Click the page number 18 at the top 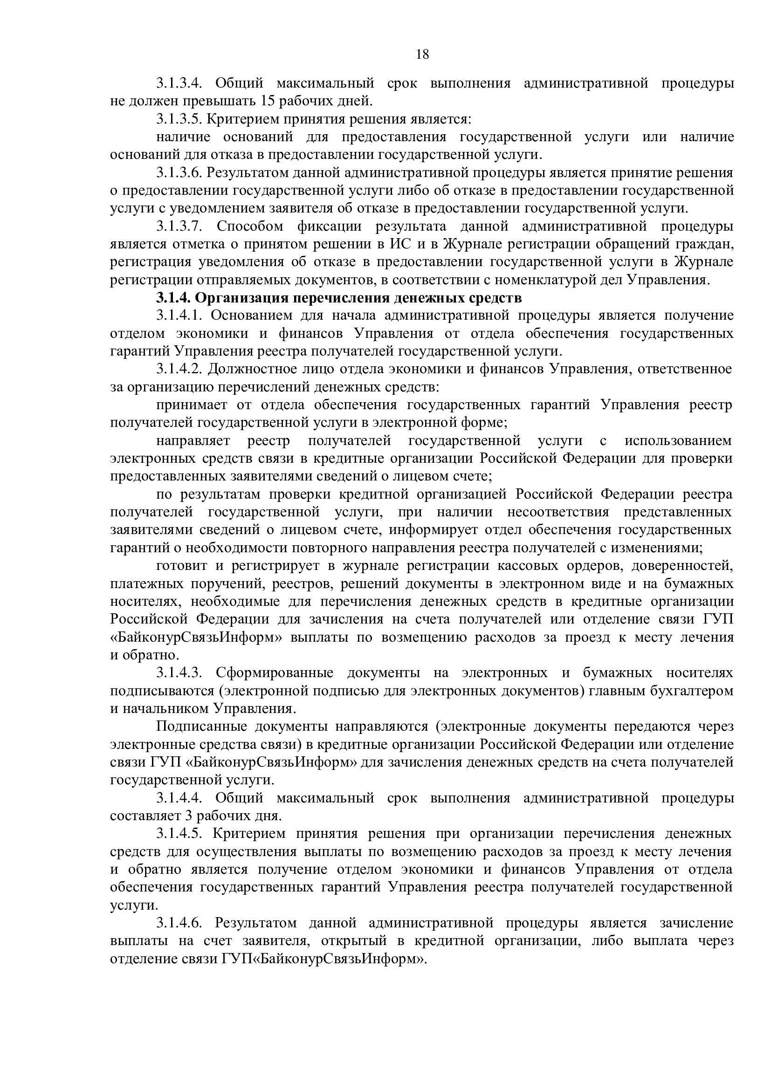point(422,55)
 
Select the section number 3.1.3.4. point(179,83)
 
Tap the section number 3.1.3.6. point(179,172)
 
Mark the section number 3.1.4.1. point(179,315)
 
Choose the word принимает point(192,404)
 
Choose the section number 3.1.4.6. point(179,923)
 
